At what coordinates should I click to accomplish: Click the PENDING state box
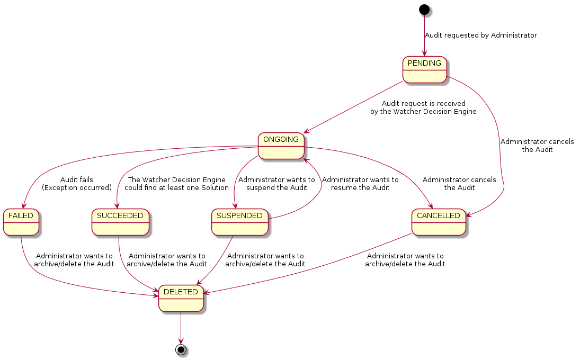(424, 69)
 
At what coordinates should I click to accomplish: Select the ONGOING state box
(281, 146)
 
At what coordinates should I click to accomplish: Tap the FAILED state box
(21, 222)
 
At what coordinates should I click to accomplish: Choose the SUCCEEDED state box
(120, 222)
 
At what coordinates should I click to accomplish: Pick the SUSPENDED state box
(240, 222)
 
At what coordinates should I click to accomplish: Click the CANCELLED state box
(439, 222)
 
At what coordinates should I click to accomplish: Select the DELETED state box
(181, 298)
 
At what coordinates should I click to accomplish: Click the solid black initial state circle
(424, 9)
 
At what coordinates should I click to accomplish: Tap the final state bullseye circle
(181, 350)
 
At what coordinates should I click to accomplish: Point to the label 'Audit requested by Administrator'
(481, 35)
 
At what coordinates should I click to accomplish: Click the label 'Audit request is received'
(424, 104)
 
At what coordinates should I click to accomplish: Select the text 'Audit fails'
(77, 180)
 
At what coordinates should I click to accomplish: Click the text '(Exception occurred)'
(77, 188)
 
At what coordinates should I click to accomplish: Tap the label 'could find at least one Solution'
(176, 188)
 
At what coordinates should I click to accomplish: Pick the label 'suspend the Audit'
(276, 188)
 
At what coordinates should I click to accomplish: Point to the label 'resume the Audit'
(360, 188)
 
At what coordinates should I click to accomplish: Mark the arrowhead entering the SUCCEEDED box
(118, 206)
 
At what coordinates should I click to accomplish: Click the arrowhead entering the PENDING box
(424, 53)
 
